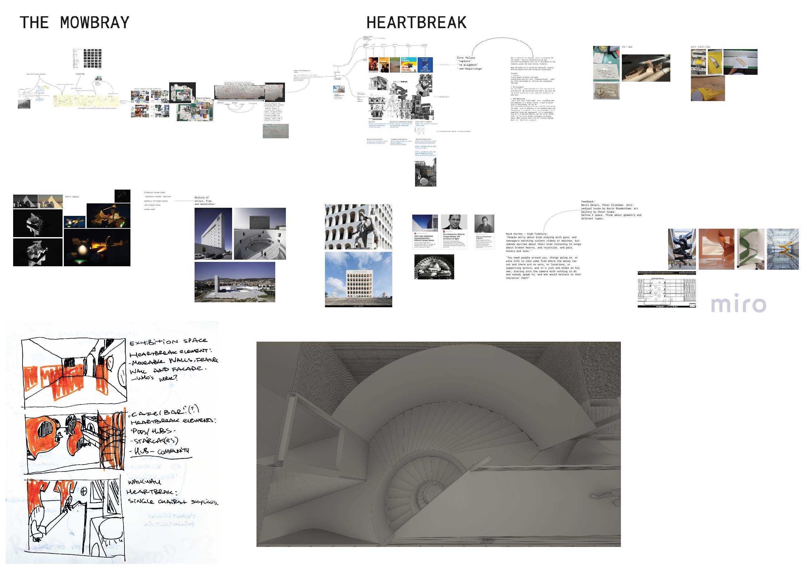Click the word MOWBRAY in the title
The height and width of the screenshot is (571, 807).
tap(94, 23)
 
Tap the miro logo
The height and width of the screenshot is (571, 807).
tap(738, 304)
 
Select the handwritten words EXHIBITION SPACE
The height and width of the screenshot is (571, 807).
tap(168, 341)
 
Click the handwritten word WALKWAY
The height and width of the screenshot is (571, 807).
tap(144, 482)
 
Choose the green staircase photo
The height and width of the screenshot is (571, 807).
tap(750, 249)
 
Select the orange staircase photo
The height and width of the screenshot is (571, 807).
tap(716, 249)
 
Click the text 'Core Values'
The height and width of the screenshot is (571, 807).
tap(466, 58)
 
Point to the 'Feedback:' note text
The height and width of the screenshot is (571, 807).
tap(588, 202)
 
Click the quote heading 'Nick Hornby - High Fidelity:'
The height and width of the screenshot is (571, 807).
tap(526, 234)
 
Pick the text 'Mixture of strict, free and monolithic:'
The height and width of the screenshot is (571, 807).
tap(205, 201)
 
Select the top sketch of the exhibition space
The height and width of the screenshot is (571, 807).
tap(74, 373)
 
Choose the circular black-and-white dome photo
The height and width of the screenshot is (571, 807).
tap(434, 267)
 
